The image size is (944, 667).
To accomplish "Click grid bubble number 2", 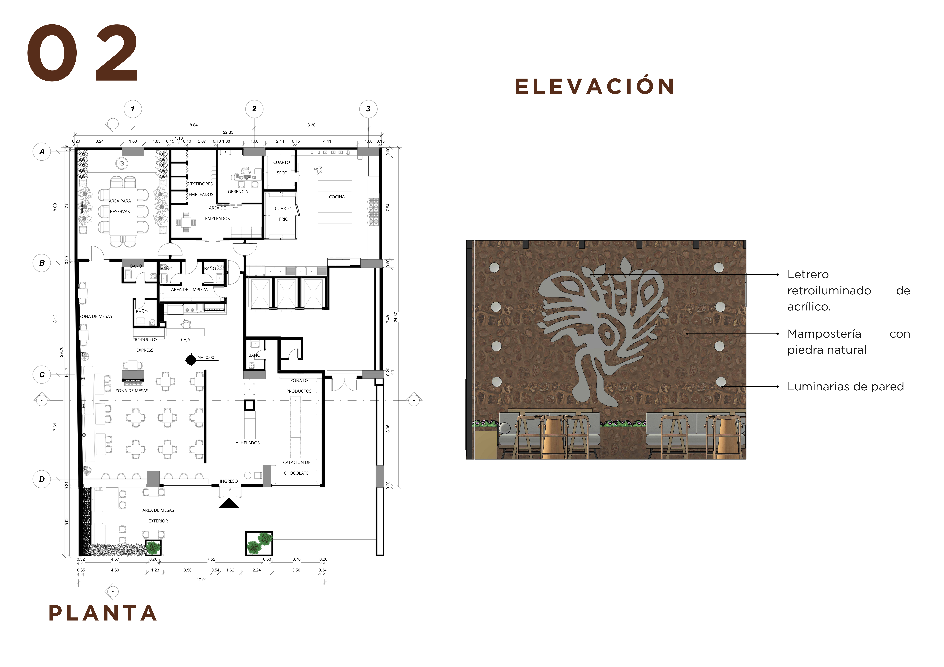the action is tap(254, 109).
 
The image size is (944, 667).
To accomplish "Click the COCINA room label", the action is tap(337, 197).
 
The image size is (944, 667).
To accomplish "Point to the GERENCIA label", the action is tap(238, 192).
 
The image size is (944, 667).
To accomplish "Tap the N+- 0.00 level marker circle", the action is tap(191, 360).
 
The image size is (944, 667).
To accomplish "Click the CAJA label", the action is tap(185, 340).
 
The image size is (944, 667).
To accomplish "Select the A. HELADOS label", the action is tap(248, 443).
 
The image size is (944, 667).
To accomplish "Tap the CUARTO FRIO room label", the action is tap(283, 214).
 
